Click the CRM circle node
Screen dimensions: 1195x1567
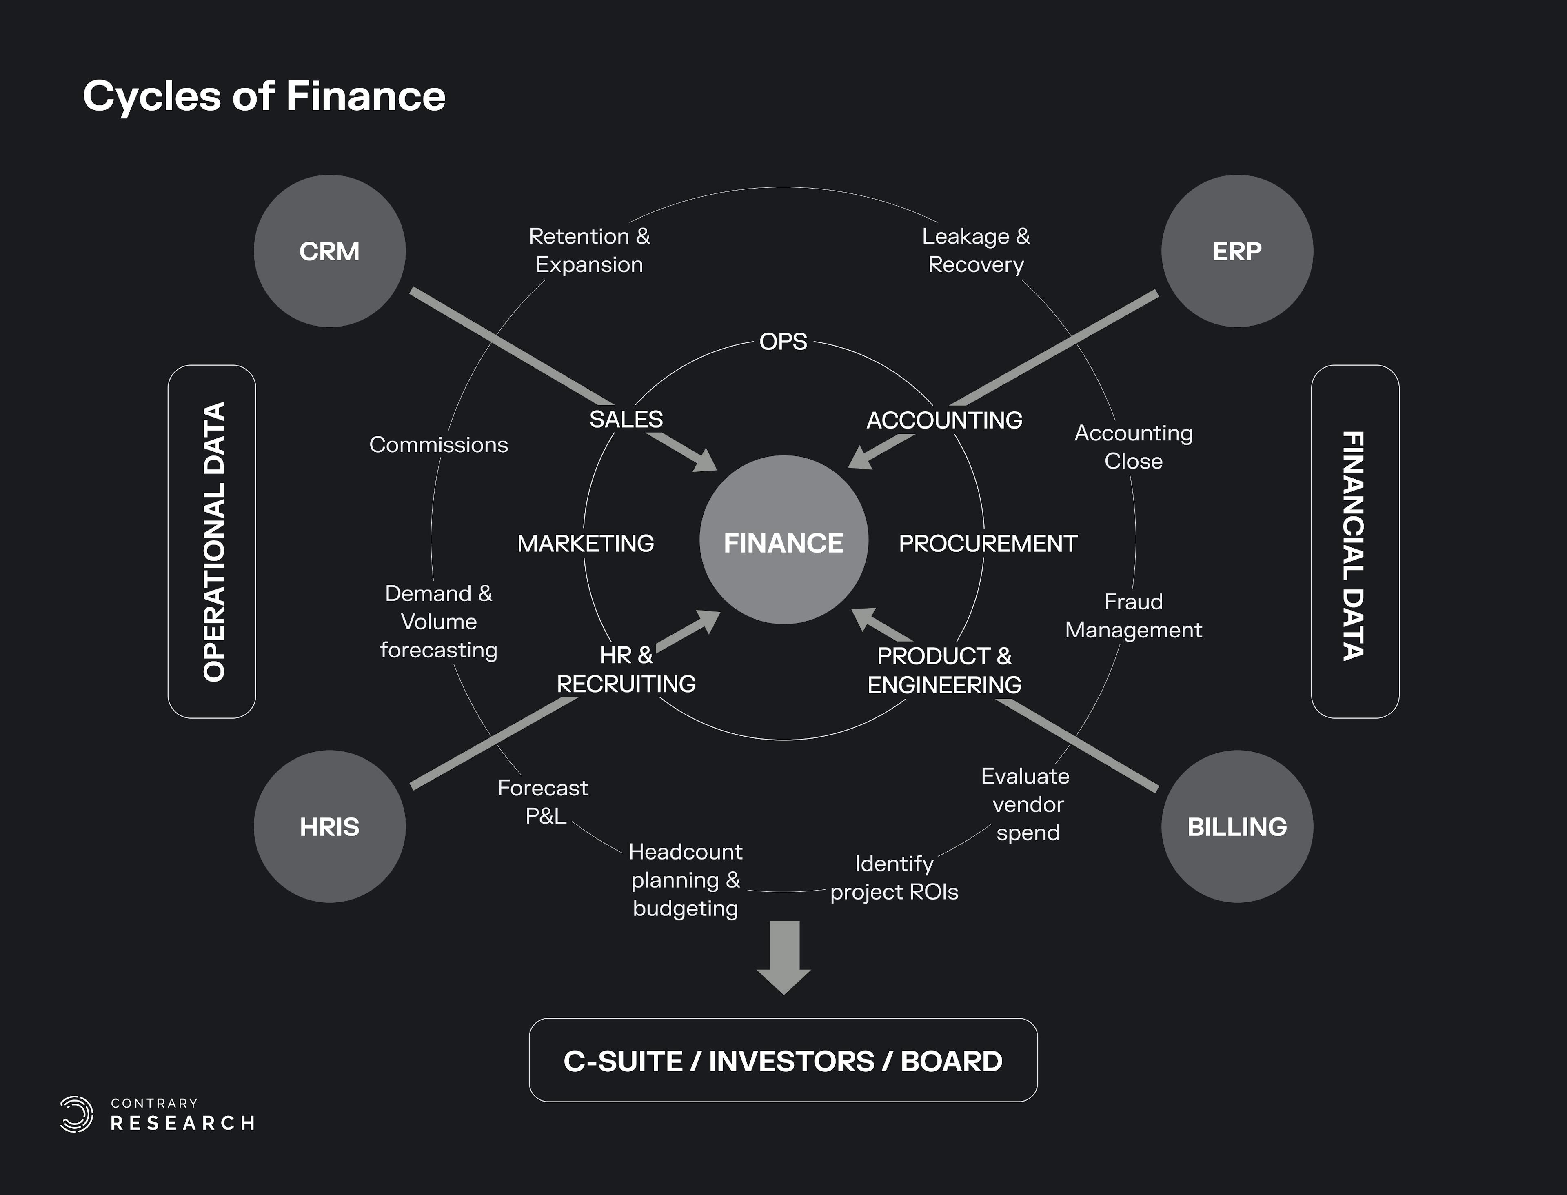pos(329,251)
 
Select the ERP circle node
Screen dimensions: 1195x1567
pos(1237,251)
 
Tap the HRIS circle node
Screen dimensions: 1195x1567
pos(329,826)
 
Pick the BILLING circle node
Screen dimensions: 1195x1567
pos(1237,826)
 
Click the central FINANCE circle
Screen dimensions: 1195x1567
pos(783,541)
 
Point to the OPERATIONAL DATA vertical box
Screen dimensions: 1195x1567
pos(212,541)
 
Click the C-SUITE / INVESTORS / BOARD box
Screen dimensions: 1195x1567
pos(783,1060)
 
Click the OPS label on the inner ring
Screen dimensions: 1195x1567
pos(783,342)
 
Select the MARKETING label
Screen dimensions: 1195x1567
pos(586,544)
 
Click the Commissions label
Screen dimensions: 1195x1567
pos(438,444)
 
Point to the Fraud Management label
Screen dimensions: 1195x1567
pos(1133,616)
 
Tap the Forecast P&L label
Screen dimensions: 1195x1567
pos(544,802)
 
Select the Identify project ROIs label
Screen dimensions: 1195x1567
pos(894,878)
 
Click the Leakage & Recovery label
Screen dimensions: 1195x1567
pos(976,250)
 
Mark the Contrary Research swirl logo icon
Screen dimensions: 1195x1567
pos(77,1114)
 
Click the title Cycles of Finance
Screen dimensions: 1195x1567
pos(264,96)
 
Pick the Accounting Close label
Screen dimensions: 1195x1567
pos(1133,447)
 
